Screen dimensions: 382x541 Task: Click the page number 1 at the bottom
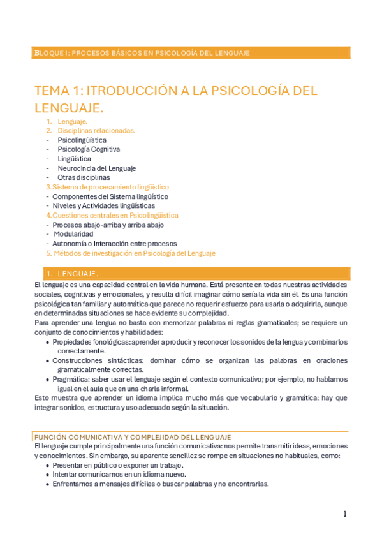(x=344, y=514)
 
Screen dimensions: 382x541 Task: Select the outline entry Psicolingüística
(x=82, y=140)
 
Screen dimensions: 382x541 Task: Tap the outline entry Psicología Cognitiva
(x=89, y=149)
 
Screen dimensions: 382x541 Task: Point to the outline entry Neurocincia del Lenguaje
(x=96, y=168)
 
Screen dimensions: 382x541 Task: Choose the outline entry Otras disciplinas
(x=84, y=177)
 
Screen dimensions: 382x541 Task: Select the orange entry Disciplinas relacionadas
(x=96, y=130)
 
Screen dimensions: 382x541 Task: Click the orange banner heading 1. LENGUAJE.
(x=77, y=273)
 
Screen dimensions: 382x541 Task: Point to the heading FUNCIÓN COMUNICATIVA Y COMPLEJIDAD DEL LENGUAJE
(x=133, y=436)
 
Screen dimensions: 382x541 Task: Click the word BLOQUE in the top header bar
(x=48, y=52)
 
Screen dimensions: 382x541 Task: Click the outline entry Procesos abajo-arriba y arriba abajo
(x=108, y=225)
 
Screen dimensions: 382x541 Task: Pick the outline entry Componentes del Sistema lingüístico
(x=110, y=196)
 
